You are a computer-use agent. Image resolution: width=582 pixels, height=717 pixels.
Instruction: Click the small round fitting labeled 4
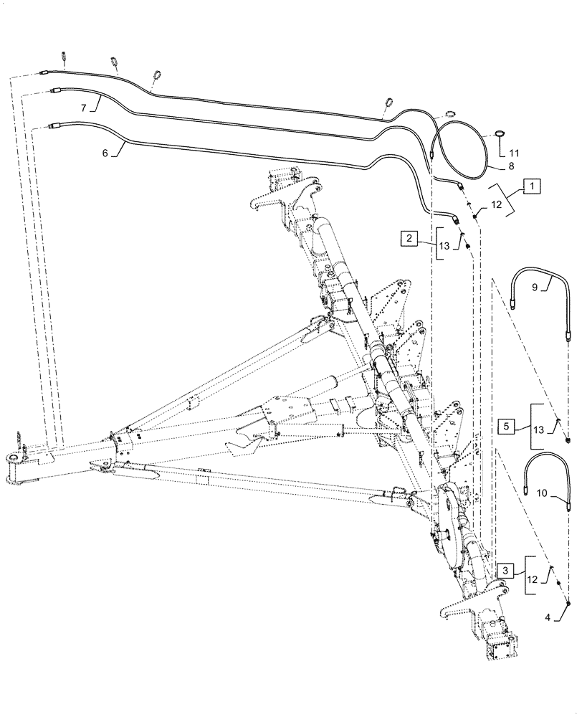(569, 604)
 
